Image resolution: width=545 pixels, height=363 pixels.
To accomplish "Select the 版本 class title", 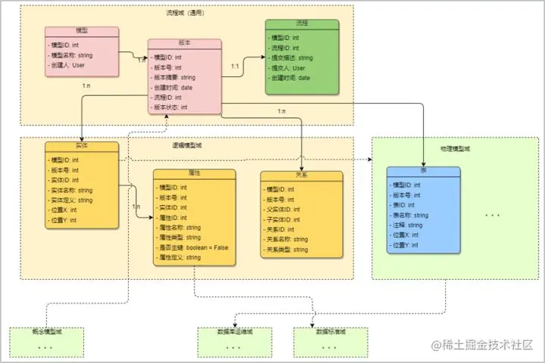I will click(185, 44).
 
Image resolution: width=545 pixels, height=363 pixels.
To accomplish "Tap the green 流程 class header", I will click(302, 24).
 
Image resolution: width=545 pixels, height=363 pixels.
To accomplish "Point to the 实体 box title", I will click(81, 147).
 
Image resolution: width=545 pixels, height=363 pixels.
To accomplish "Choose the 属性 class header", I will click(193, 173).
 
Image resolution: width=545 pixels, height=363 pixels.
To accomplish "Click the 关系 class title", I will click(301, 175).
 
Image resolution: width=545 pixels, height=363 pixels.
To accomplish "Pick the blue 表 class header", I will click(422, 171).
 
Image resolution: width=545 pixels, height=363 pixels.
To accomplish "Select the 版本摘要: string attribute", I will click(175, 77).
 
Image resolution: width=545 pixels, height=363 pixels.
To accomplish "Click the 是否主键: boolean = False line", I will click(194, 247).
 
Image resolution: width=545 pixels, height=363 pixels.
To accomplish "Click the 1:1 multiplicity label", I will click(235, 67).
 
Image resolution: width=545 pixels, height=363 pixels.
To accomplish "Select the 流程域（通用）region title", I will click(185, 13).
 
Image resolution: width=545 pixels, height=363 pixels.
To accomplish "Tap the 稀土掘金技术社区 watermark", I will click(482, 346).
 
